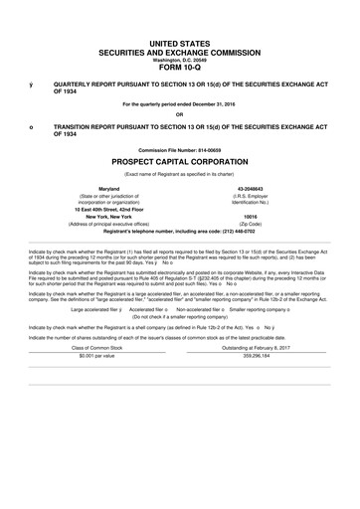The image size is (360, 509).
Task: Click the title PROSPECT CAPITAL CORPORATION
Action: [180, 160]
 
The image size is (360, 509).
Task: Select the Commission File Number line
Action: [180, 148]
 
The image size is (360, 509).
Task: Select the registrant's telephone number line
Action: [180, 231]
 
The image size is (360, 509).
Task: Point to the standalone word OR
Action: [180, 112]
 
